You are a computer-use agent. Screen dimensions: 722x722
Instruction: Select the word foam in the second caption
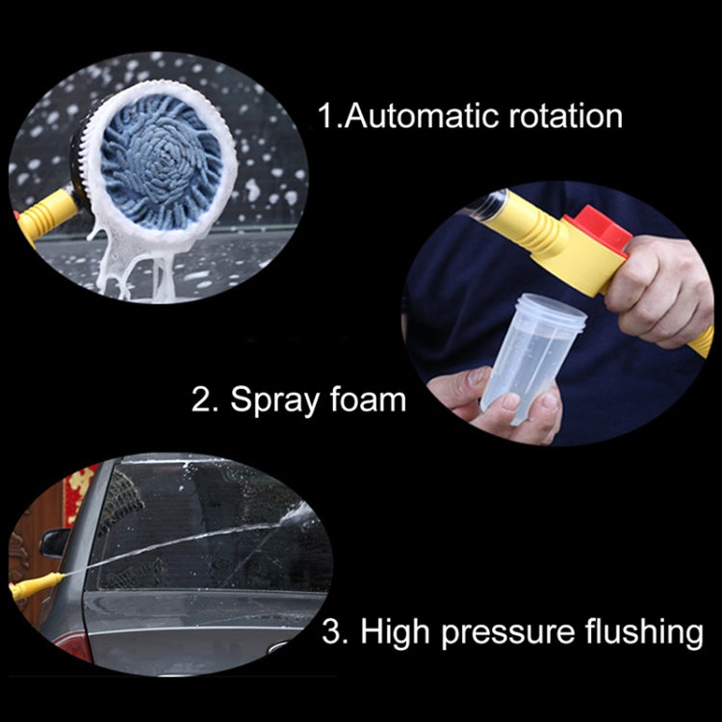[368, 399]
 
